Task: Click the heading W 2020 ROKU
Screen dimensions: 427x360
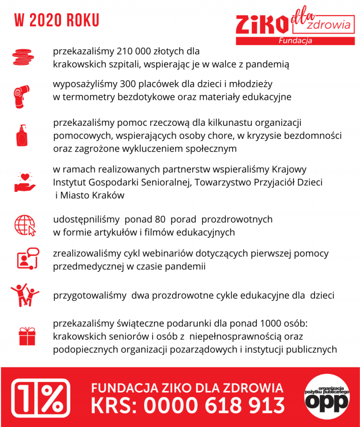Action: click(x=57, y=20)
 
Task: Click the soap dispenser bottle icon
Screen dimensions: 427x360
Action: click(x=22, y=136)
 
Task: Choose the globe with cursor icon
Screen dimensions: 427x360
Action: click(x=25, y=225)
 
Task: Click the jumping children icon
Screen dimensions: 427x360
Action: click(x=25, y=295)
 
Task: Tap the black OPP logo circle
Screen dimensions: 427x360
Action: click(x=327, y=398)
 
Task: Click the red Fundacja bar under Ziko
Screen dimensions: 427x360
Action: click(x=295, y=41)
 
